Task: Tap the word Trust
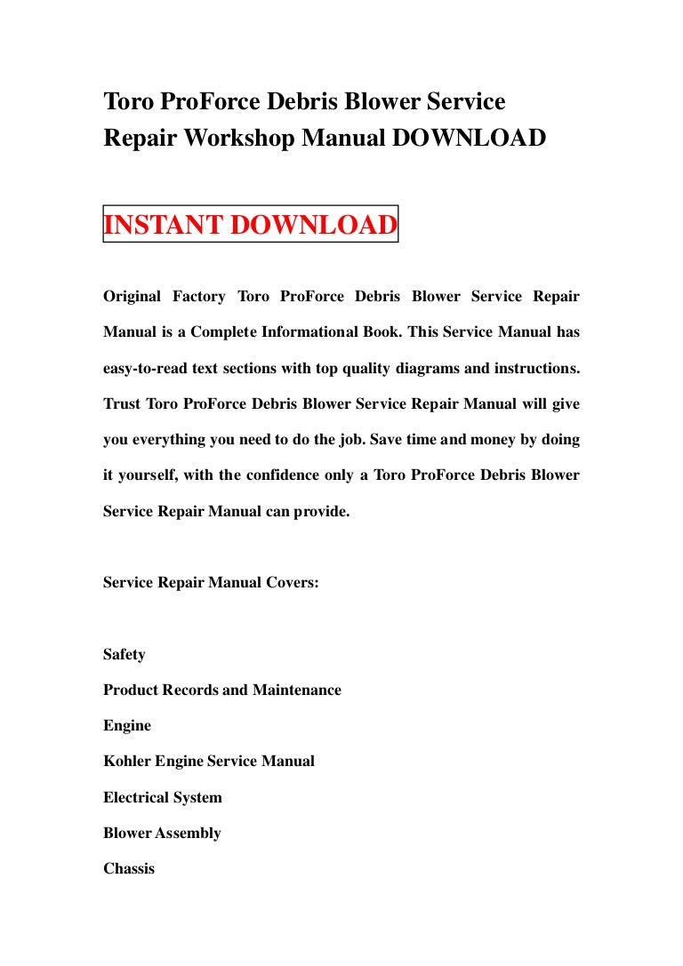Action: click(x=122, y=403)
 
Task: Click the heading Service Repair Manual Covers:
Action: click(x=211, y=583)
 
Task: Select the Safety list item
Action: click(x=124, y=654)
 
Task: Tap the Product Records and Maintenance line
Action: click(x=221, y=690)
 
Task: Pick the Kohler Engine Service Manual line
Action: click(x=208, y=762)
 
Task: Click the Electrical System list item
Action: click(x=162, y=797)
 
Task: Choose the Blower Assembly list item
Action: click(x=161, y=833)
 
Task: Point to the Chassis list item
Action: click(x=128, y=868)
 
